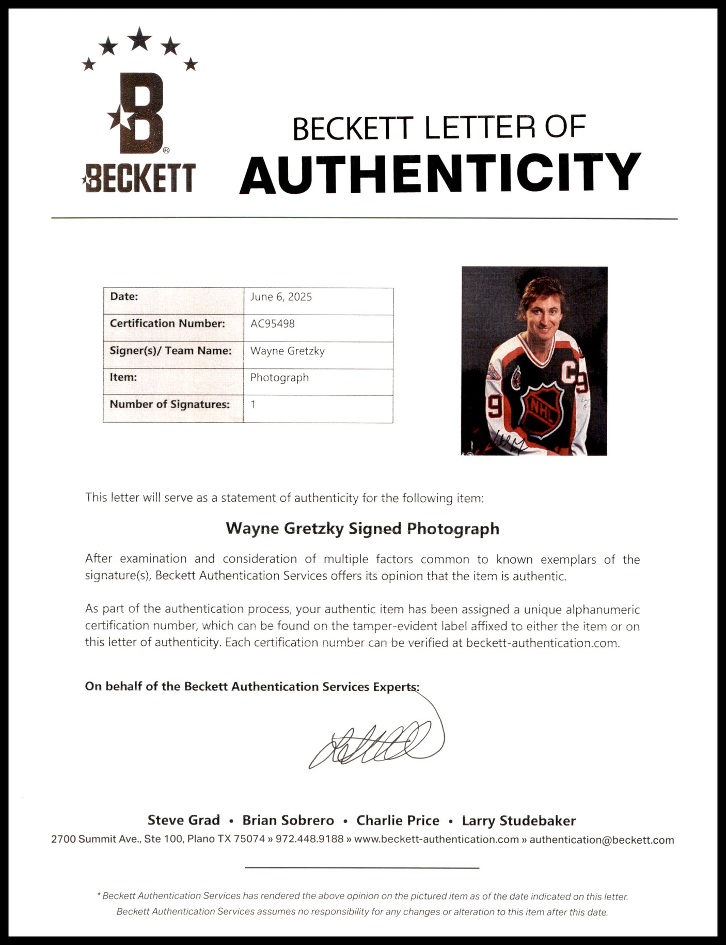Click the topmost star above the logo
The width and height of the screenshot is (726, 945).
(x=139, y=39)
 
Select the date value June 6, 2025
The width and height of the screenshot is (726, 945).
(x=281, y=297)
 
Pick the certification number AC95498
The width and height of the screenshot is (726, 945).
(x=272, y=323)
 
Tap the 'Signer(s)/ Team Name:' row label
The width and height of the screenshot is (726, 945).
(x=170, y=350)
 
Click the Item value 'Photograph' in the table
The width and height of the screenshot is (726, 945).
(x=279, y=377)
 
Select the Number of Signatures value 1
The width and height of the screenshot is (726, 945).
(x=253, y=404)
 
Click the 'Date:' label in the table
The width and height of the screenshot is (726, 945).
(x=124, y=297)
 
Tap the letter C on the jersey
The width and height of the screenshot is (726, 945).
(x=568, y=373)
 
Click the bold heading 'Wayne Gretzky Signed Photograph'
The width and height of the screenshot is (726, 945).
(x=362, y=528)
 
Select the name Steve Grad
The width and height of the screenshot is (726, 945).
(x=183, y=820)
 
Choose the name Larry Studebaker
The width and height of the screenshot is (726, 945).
(x=518, y=820)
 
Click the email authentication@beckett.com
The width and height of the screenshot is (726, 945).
(x=602, y=840)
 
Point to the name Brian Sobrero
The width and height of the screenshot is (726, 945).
(x=288, y=820)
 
